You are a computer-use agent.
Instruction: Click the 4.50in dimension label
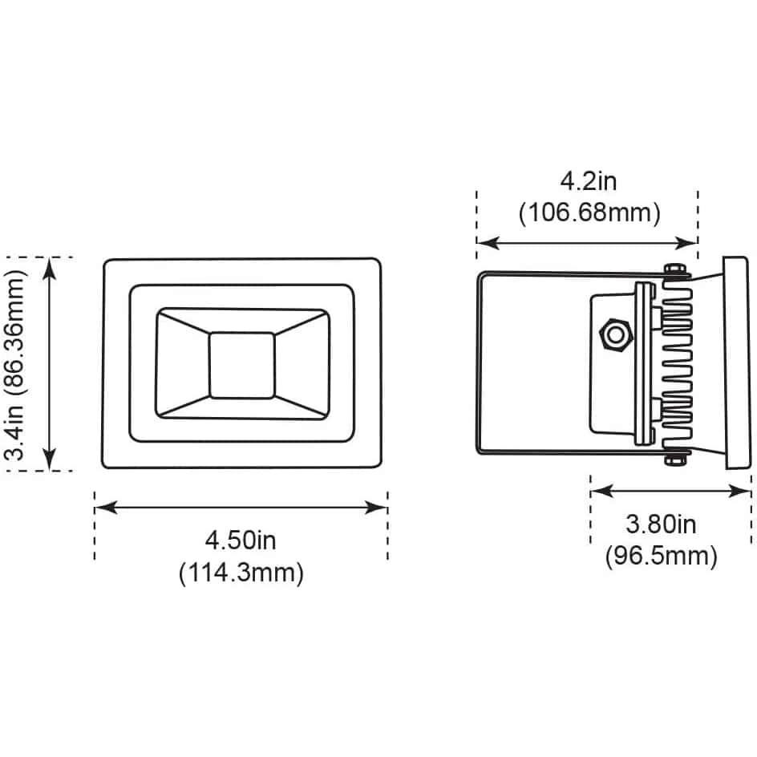241,540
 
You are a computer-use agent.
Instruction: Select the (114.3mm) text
241,573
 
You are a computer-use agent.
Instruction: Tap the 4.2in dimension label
589,181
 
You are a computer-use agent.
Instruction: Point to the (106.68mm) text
589,213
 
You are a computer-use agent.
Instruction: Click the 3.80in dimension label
661,524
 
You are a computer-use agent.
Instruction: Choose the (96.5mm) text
662,557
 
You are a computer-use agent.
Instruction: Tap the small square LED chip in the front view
242,366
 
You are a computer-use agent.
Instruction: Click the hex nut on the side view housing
616,334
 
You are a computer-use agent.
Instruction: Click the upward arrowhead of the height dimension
49,269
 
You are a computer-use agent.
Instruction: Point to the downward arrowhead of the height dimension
49,459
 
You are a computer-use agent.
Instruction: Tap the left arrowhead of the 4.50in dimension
106,508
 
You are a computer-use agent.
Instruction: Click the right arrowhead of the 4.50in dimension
376,508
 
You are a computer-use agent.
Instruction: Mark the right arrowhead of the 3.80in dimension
739,492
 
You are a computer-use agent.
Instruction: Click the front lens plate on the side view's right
737,363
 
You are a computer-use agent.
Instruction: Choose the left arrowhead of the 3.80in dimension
602,492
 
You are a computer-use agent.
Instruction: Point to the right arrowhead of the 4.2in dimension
686,243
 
